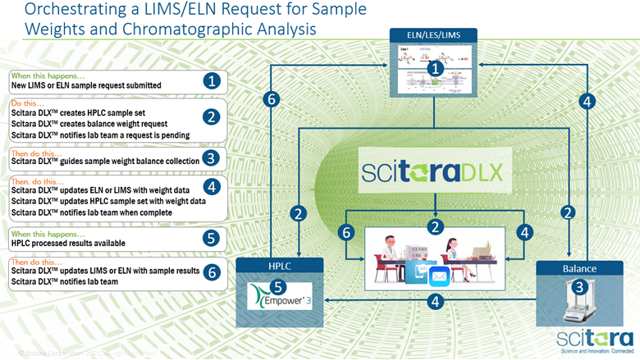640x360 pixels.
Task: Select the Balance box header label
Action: pos(580,267)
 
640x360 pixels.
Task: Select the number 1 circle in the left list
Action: pos(212,81)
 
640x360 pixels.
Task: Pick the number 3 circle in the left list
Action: pos(212,157)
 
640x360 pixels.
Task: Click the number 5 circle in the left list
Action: pos(212,239)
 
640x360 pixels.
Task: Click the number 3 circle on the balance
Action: pos(579,287)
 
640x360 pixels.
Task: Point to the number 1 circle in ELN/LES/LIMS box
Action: pos(436,71)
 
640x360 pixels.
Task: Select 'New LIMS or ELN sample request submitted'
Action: pos(86,85)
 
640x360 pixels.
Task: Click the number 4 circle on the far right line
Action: pos(585,102)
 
